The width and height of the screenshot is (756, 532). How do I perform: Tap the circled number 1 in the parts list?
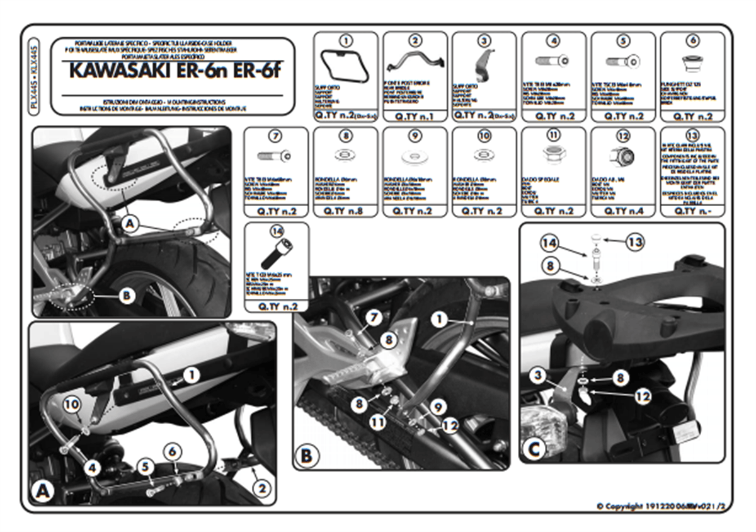[345, 41]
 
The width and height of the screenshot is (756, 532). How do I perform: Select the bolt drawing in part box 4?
[553, 61]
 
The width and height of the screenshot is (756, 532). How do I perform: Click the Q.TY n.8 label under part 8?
[345, 211]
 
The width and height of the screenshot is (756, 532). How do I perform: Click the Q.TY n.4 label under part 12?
[622, 211]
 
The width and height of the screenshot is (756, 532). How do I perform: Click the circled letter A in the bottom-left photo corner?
[42, 492]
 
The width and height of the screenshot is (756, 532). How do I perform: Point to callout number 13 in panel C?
[635, 241]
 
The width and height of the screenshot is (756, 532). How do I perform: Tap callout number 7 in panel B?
[372, 316]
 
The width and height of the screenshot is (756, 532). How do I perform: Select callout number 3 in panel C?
[537, 377]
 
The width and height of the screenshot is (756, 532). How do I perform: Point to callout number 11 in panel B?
[377, 422]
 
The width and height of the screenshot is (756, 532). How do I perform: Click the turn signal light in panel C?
[542, 424]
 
